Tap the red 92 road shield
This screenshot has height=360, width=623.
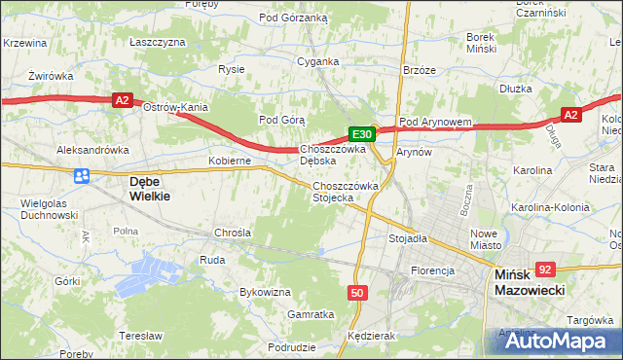coord(545,270)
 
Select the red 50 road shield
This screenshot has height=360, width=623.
coord(357,293)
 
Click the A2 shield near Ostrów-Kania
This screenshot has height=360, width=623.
coord(121,99)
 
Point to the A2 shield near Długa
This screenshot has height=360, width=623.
coord(570,115)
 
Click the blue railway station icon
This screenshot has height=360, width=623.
coord(82,175)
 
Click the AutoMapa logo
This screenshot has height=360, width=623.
coord(554,341)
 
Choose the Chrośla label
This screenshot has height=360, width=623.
coord(233,234)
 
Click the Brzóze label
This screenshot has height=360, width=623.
coord(419,70)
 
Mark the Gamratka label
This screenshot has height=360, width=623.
coord(311,314)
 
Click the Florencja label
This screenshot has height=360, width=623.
coord(433,270)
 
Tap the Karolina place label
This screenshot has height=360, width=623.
coord(531,170)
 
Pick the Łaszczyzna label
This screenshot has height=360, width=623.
coord(157,43)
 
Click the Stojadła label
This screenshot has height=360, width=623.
coord(408,237)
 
